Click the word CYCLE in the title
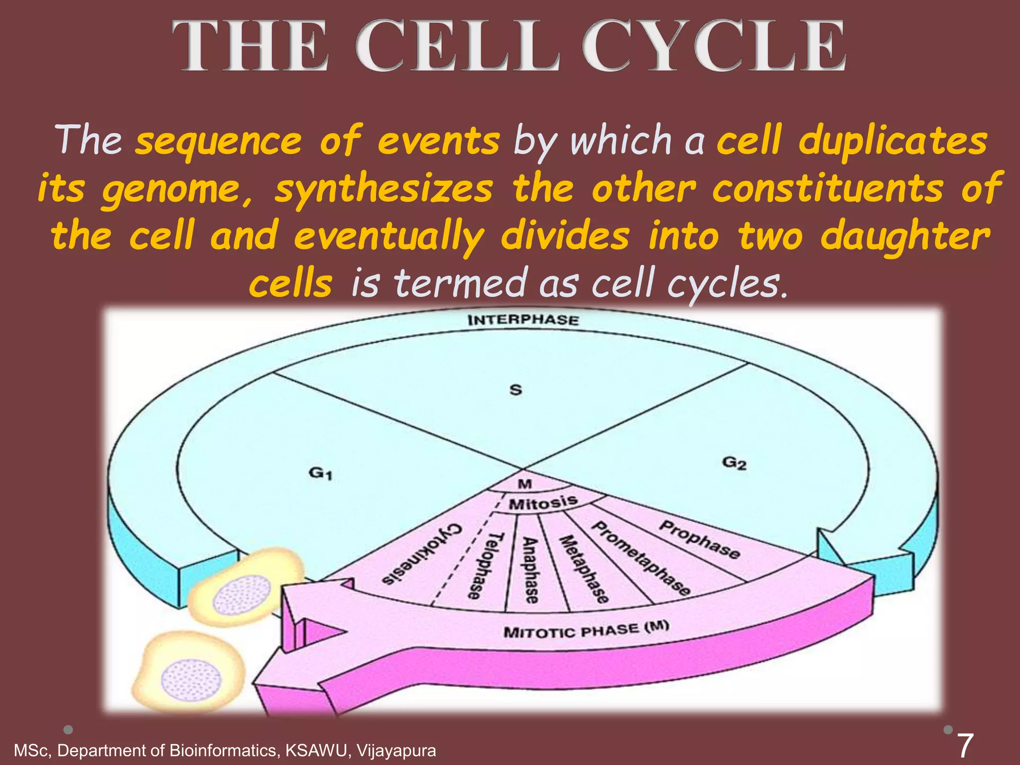pos(714,46)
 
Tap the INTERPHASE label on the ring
pos(523,320)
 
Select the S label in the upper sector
pos(516,389)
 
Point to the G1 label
pos(320,472)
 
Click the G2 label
pos(734,463)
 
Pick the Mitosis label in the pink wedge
pos(543,503)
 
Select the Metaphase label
pos(583,569)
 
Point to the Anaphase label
pos(531,570)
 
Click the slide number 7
pos(964,746)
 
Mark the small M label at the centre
pos(524,484)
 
